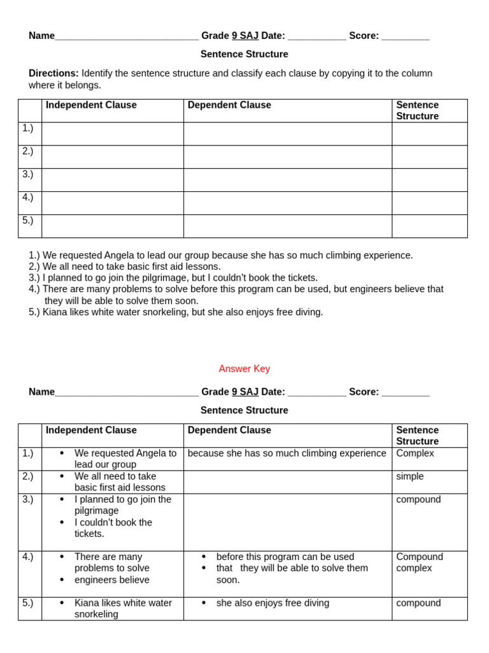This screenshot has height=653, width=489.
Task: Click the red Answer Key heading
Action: coord(244,369)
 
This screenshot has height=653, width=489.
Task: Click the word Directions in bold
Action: coord(53,73)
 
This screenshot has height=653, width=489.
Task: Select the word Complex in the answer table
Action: coord(415,453)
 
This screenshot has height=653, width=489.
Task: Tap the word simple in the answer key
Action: coord(409,476)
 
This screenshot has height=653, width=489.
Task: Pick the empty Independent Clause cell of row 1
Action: coord(112,134)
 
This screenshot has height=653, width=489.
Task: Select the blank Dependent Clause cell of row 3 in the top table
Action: coord(287,180)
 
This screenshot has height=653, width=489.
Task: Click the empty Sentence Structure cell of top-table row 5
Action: coord(429,226)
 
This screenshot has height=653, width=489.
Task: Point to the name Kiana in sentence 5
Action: coord(55,312)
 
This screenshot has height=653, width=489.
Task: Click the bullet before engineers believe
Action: coord(62,580)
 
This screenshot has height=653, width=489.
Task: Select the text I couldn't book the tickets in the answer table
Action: coord(113,528)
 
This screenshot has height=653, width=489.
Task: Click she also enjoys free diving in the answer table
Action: coord(273,603)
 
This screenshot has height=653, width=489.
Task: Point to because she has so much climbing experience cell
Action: coord(287,453)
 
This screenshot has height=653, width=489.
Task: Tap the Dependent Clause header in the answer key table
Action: coord(229,430)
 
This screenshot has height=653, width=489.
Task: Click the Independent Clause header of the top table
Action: coord(91,105)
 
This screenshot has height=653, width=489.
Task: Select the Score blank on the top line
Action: coord(405,36)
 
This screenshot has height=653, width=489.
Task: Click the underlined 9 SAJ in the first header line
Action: coord(244,36)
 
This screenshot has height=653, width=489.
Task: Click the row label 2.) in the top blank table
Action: coord(28,151)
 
